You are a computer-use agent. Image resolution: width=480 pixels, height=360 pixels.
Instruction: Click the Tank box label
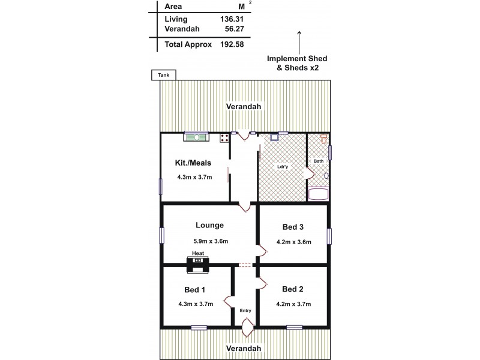coord(163,75)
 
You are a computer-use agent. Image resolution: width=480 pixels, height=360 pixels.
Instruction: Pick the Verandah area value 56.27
coord(232,29)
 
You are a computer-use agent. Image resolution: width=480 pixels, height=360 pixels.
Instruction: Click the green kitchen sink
coord(196,137)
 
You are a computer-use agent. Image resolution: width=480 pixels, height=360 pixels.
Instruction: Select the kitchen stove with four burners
coord(224,138)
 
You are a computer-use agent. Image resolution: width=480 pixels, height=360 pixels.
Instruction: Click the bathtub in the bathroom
coord(317,194)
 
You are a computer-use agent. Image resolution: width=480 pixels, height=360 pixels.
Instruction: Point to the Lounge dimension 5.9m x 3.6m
coord(209,241)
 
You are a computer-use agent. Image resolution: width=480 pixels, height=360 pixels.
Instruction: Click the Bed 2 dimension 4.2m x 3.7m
coord(294,304)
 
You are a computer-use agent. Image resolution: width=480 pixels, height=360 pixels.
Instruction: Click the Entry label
coord(245,310)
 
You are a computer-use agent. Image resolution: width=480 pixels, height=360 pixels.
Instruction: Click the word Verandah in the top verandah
coord(243,107)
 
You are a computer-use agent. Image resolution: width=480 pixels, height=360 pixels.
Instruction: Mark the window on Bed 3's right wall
coord(329,236)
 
